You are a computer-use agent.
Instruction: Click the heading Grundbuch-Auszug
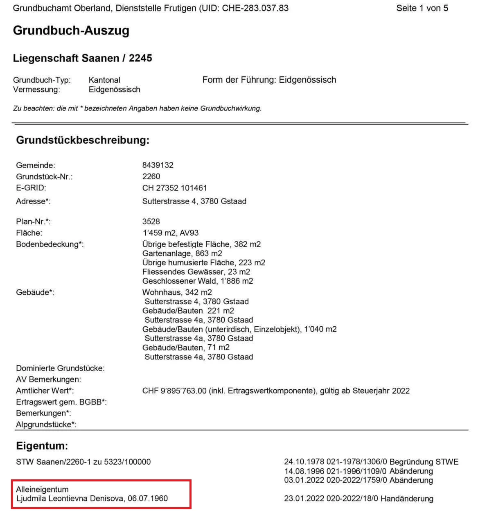71,31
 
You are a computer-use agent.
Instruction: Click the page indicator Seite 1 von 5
422,8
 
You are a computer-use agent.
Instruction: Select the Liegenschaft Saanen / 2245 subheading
82,58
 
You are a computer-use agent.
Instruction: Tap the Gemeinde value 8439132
158,165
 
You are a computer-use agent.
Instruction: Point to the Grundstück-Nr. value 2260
151,176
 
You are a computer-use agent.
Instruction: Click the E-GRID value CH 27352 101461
174,188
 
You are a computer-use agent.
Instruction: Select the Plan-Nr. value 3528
151,221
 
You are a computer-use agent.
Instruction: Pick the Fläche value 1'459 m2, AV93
170,233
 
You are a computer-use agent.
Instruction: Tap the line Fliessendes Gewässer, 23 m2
196,272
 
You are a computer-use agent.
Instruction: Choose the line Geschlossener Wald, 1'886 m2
198,281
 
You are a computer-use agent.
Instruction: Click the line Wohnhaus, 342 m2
177,292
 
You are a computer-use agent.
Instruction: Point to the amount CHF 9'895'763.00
174,391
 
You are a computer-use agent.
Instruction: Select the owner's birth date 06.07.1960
148,499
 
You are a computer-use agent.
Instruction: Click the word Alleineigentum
42,489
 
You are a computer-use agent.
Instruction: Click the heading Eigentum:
42,446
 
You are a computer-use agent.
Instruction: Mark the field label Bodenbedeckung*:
50,244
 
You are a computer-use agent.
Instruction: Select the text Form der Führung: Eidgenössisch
269,80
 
